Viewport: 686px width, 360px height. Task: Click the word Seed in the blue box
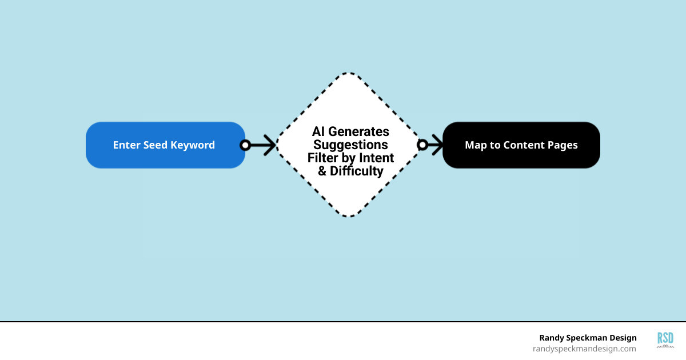[155, 145]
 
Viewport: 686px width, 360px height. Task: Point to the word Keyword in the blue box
[193, 145]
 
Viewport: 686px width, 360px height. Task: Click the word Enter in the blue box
[126, 145]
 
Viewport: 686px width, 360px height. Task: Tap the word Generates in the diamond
[359, 132]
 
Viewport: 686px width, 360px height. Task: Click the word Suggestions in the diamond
[351, 145]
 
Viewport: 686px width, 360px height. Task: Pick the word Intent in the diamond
[376, 158]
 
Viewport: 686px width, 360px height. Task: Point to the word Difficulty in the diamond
[357, 171]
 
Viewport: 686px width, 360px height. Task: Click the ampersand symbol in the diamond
[322, 171]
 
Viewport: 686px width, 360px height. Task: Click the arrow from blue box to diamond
[260, 145]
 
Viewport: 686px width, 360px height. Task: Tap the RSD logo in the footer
[665, 340]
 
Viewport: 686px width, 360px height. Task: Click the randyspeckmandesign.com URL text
[584, 349]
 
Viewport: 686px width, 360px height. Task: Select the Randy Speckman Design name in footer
[588, 338]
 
